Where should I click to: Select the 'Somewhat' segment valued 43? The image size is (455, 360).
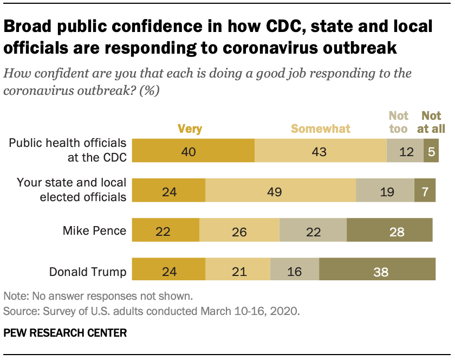coord(320,151)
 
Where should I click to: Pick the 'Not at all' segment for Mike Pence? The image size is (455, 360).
coord(389,232)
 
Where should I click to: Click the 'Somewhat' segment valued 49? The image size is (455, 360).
coord(281,191)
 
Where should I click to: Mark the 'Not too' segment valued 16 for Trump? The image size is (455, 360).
coord(295,271)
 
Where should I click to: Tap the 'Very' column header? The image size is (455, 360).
coord(190,128)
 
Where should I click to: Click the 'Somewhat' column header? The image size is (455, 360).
coord(321,128)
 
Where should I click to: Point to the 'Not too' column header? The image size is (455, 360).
coord(399,122)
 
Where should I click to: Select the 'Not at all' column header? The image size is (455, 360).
coord(432,122)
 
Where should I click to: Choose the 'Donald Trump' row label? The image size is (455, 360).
coord(88,271)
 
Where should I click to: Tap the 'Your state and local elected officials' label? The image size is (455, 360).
coord(71,190)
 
